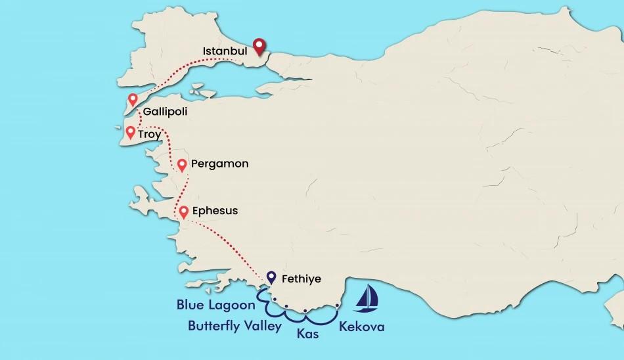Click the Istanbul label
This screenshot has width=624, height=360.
coord(225,51)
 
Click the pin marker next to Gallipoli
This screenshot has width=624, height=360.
coord(133,100)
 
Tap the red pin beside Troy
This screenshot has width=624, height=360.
coord(130,133)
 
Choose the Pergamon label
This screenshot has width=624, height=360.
coord(219,164)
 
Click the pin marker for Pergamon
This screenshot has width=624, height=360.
coord(181,165)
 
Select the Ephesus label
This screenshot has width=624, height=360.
coord(215,211)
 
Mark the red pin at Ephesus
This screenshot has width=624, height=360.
coord(184,212)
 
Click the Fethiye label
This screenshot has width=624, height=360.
coord(301,279)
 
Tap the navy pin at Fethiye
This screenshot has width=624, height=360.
coord(271,278)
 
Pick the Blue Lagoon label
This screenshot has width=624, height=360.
coord(215,305)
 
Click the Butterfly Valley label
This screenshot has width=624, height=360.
coord(234,325)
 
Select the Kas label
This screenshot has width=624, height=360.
coord(307,334)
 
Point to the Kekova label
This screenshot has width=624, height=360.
coord(361,326)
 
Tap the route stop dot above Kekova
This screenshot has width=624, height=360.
coord(336,306)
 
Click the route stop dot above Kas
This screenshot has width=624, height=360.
coord(305,311)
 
